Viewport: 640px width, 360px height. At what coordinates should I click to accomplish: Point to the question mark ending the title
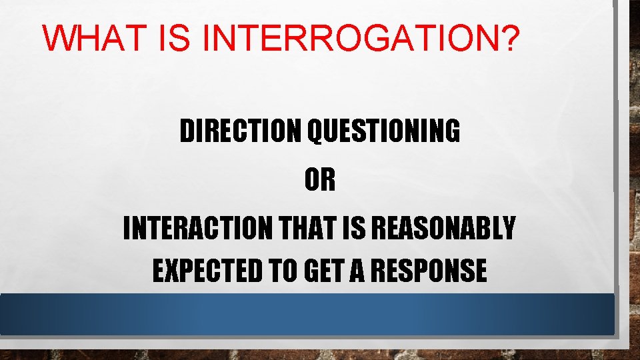[509, 39]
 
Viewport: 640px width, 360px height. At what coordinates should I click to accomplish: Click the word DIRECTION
[241, 132]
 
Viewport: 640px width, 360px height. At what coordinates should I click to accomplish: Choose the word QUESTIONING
[383, 132]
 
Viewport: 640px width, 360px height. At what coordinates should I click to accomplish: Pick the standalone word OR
[320, 181]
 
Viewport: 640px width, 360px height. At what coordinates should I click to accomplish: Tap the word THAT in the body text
[297, 229]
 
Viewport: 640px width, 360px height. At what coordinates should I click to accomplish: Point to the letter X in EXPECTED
[170, 271]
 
